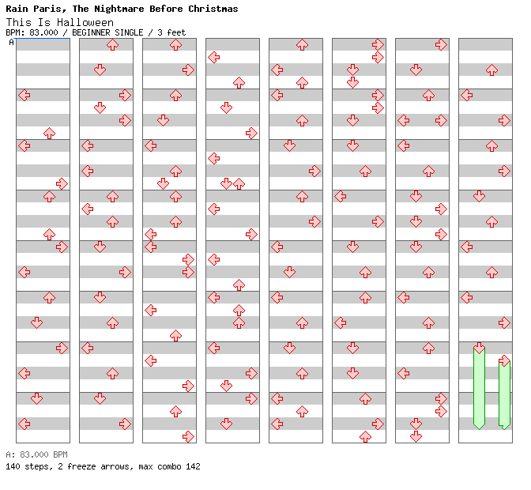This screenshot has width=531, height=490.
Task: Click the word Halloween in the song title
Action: pyautogui.click(x=85, y=22)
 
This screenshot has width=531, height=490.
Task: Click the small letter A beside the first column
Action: pyautogui.click(x=11, y=43)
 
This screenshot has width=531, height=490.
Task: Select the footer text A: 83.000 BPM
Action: pyautogui.click(x=36, y=454)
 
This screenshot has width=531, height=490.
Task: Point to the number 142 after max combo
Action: pyautogui.click(x=192, y=466)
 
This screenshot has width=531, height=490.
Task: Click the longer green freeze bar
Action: pyautogui.click(x=479, y=388)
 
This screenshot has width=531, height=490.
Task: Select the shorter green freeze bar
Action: pyautogui.click(x=504, y=394)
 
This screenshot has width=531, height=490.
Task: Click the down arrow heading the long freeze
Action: pyautogui.click(x=479, y=348)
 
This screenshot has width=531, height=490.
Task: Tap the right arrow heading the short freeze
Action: pyautogui.click(x=504, y=360)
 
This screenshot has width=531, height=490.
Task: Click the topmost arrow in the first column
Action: pyautogui.click(x=24, y=95)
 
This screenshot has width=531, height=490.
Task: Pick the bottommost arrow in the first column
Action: pyautogui.click(x=24, y=424)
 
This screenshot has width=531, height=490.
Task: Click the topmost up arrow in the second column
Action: pyautogui.click(x=112, y=44)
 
